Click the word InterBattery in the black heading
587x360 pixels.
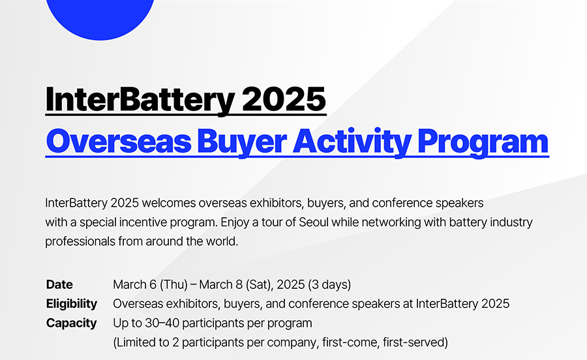(x=140, y=100)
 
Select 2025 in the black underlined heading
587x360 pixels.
(x=284, y=99)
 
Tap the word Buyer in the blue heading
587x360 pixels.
(x=242, y=142)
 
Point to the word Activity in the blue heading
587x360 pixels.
(x=352, y=142)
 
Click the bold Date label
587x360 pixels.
(x=59, y=284)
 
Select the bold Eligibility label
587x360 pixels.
(x=72, y=304)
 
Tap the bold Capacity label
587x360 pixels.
(x=72, y=323)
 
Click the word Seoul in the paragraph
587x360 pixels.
(x=313, y=222)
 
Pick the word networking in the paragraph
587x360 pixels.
(x=391, y=222)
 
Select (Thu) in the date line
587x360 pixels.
(x=173, y=284)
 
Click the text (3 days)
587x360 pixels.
(x=329, y=284)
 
